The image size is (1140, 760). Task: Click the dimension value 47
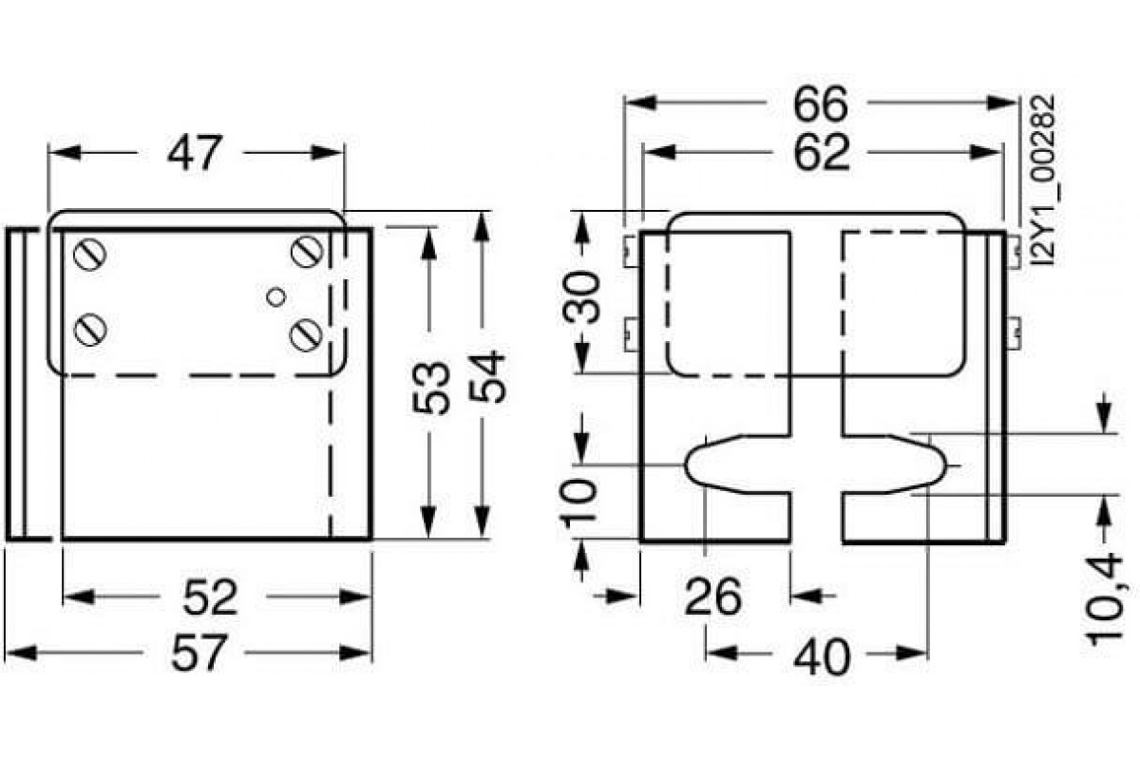pyautogui.click(x=194, y=153)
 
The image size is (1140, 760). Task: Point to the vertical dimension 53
pyautogui.click(x=431, y=386)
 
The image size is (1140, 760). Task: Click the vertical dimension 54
pyautogui.click(x=484, y=377)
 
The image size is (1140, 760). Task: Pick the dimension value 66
pyautogui.click(x=821, y=104)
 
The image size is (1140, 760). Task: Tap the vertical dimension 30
pyautogui.click(x=585, y=297)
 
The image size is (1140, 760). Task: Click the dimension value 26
pyautogui.click(x=712, y=597)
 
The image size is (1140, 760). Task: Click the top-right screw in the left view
pyautogui.click(x=306, y=252)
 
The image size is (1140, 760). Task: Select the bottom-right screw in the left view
pyautogui.click(x=306, y=333)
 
